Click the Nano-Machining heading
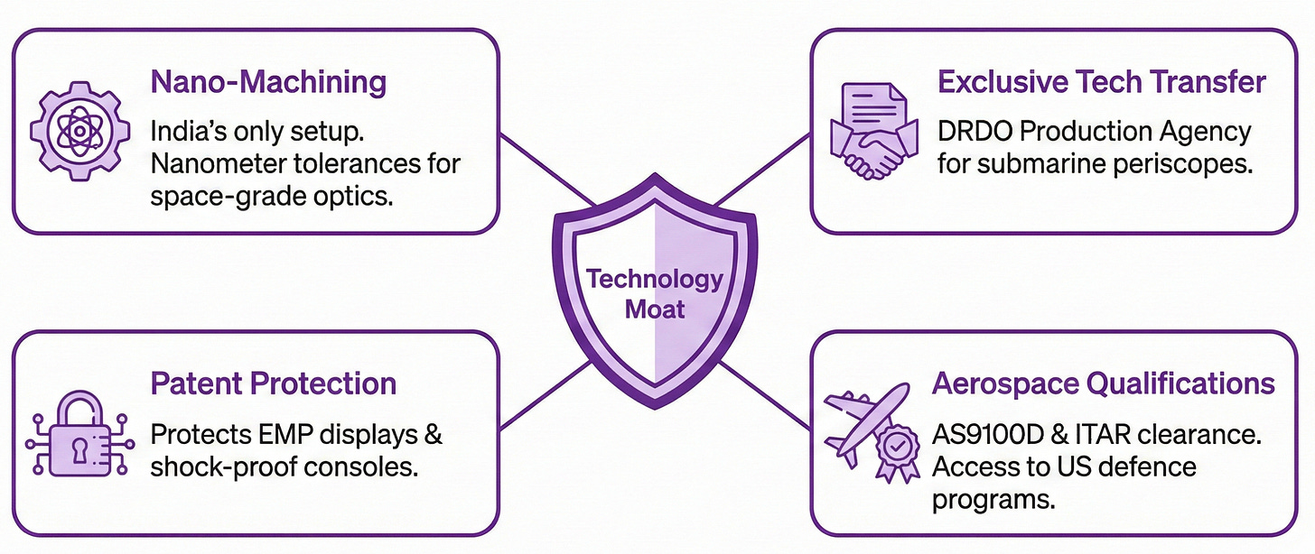[268, 82]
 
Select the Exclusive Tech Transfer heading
[1102, 82]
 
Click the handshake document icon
[872, 131]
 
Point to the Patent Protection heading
[273, 383]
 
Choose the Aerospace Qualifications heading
[1103, 383]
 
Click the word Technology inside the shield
[654, 279]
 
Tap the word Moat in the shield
[655, 310]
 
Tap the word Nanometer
[223, 164]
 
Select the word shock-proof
[217, 467]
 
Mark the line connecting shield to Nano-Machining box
[546, 171]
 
